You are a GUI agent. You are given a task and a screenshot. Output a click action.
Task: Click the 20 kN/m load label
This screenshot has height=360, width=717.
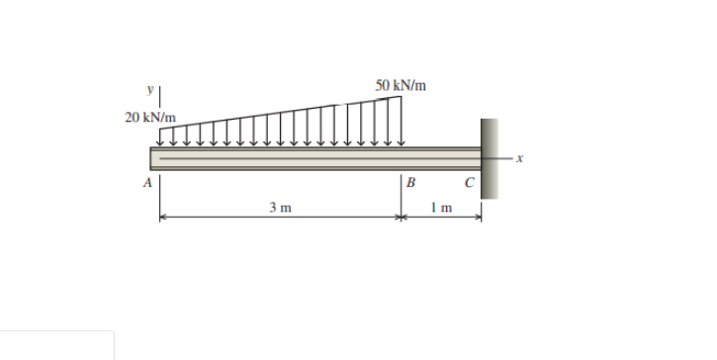(150, 118)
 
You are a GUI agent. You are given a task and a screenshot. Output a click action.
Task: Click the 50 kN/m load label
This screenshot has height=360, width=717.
(402, 85)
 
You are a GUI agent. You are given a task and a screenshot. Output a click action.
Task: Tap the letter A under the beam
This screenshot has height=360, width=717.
(147, 183)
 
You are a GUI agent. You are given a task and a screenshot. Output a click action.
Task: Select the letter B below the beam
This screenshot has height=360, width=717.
(411, 183)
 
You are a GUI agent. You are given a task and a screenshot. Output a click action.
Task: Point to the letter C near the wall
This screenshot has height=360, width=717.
(470, 183)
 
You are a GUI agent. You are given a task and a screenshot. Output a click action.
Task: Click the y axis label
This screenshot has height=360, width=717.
(150, 89)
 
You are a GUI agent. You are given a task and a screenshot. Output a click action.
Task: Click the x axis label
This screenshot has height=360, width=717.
(519, 158)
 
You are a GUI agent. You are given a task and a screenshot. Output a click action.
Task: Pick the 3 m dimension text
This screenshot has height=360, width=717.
(280, 208)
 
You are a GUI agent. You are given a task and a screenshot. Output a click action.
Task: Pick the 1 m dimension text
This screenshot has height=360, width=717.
(441, 208)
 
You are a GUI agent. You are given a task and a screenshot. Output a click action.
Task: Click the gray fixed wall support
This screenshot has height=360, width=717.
(490, 158)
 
